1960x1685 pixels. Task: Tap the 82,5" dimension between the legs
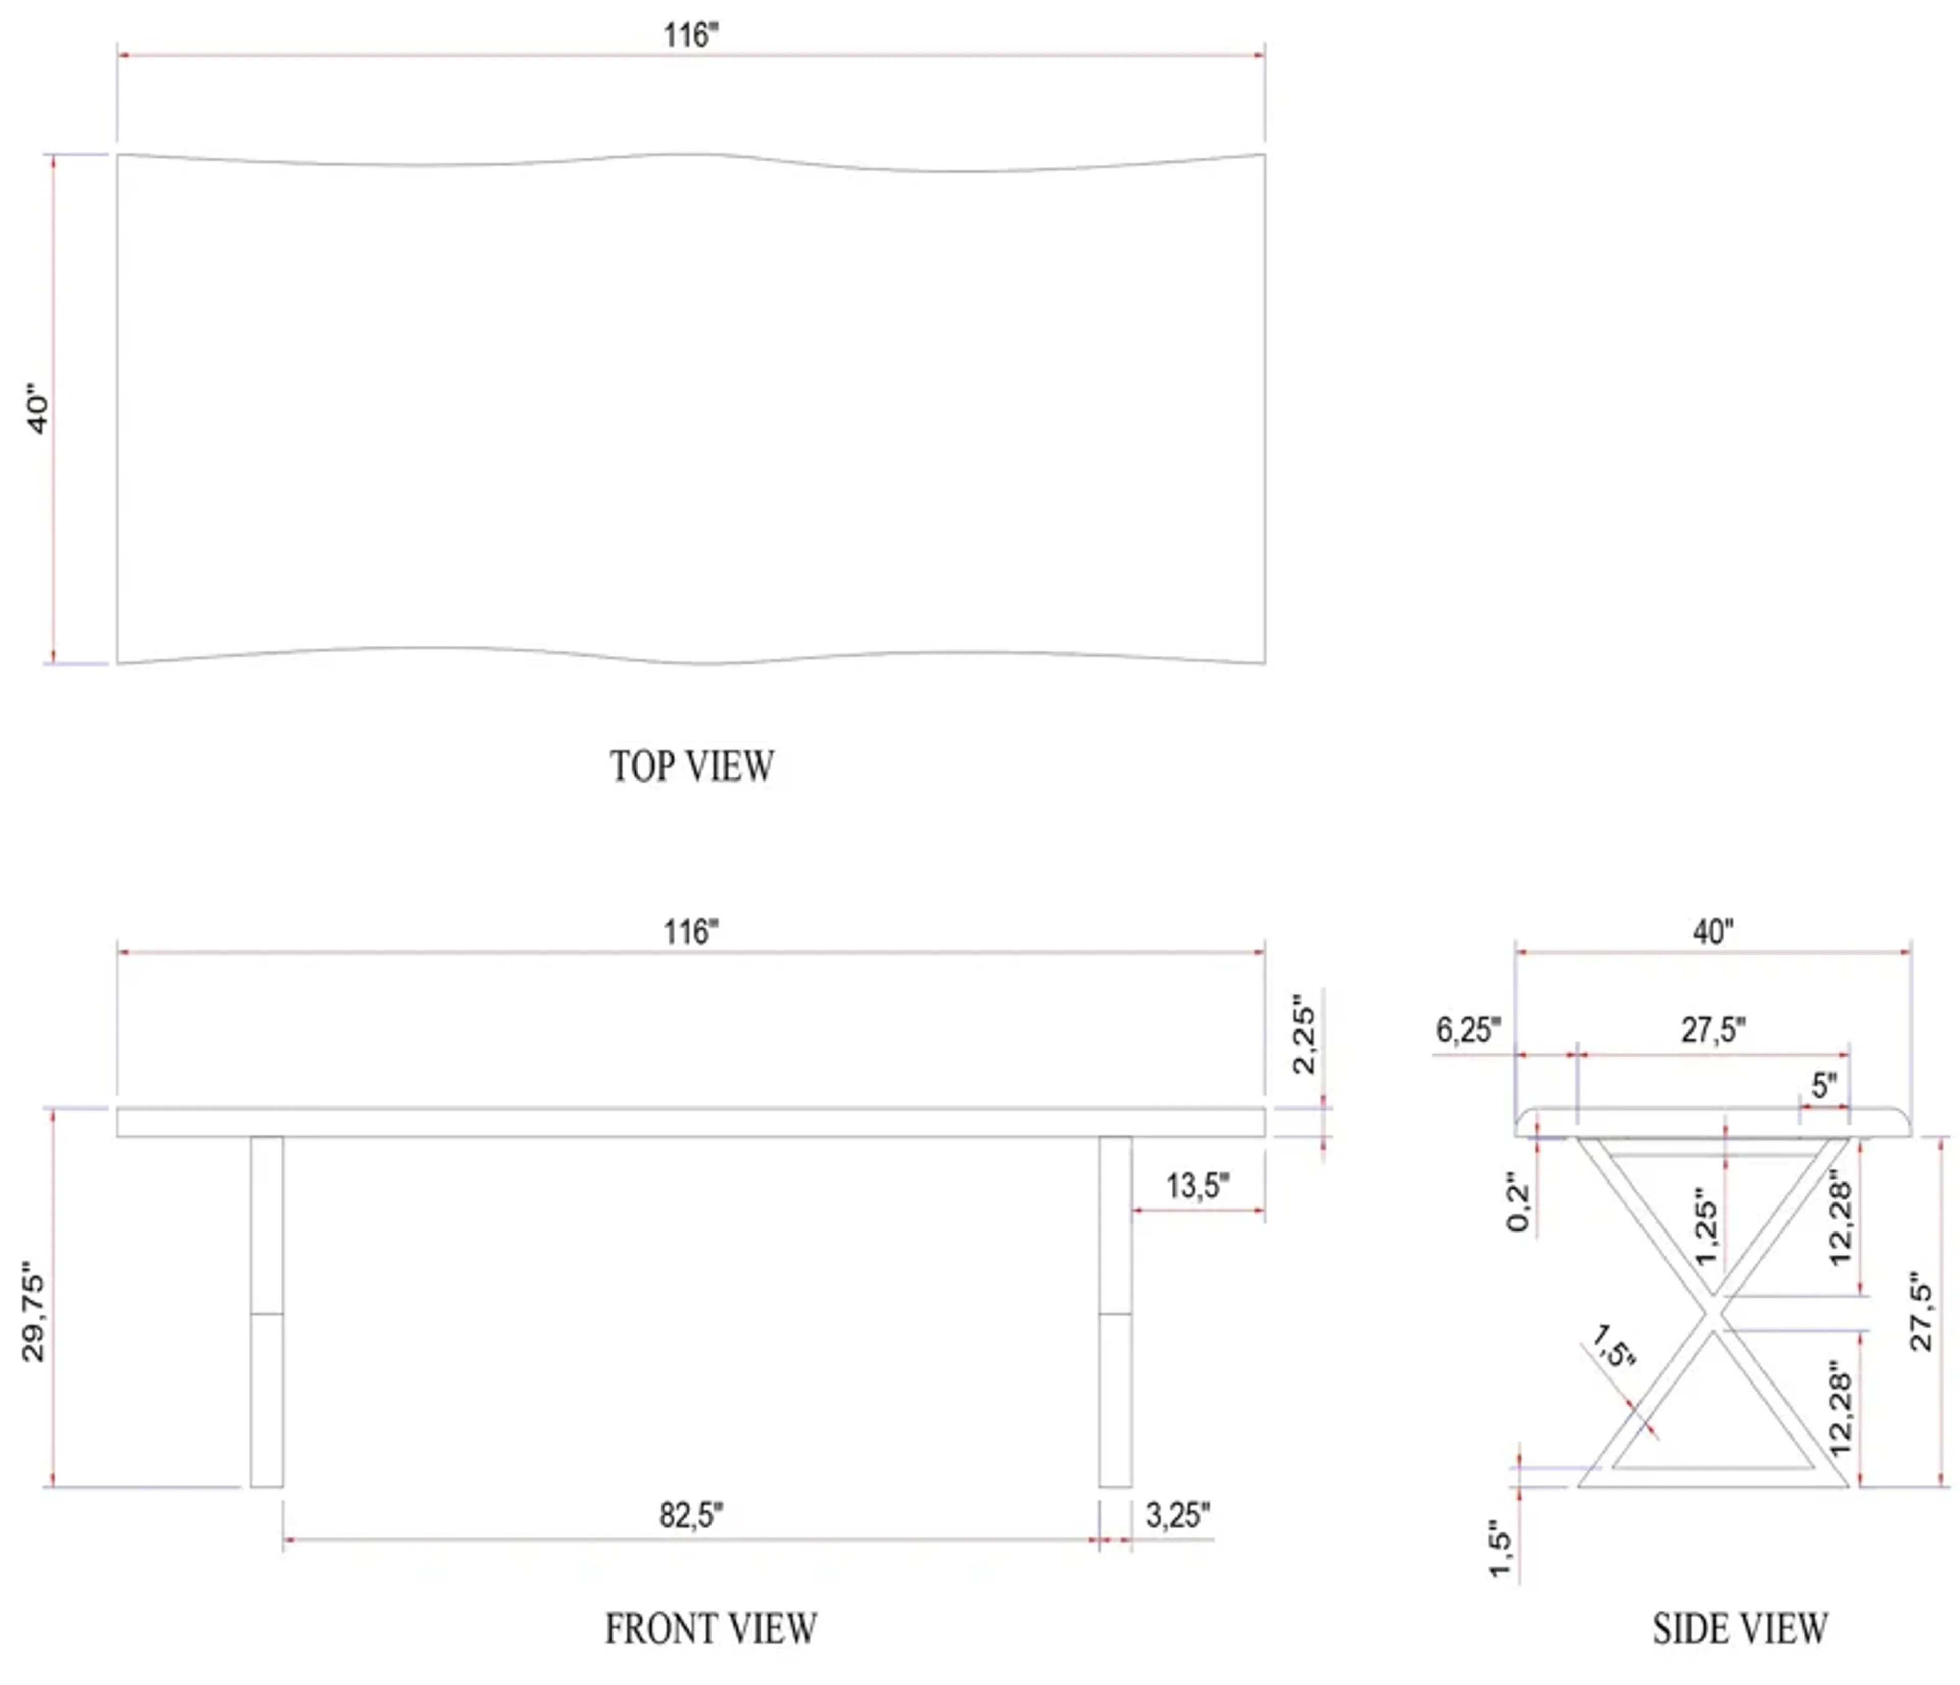point(692,1516)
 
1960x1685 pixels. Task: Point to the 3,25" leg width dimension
point(1178,1516)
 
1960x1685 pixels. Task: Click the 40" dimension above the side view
point(1713,933)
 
